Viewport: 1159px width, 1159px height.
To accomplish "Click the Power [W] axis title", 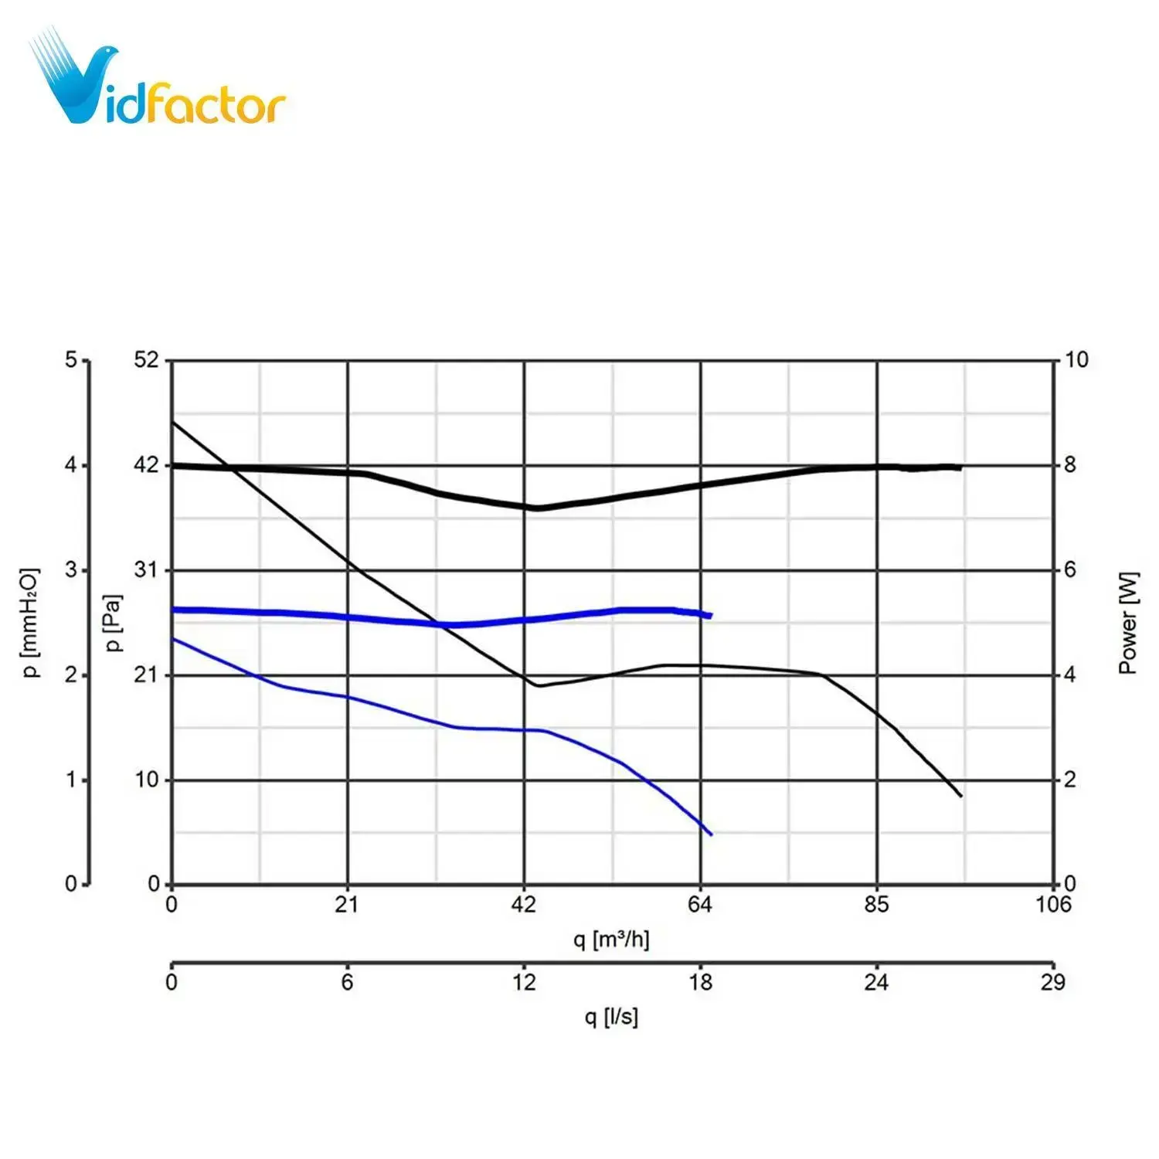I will (1128, 623).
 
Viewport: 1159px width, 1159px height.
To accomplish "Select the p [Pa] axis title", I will (114, 623).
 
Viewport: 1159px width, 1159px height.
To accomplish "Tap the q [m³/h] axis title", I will (611, 940).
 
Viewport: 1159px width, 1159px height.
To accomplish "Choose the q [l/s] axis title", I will (611, 1016).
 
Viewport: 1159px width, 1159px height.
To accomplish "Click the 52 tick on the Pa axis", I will (145, 359).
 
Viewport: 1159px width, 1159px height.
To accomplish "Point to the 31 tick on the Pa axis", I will (145, 570).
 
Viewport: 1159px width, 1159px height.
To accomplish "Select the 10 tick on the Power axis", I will (1076, 359).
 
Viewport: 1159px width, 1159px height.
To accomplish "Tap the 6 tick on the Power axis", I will (1070, 570).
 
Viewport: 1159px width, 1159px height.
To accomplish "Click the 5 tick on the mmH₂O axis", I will (71, 359).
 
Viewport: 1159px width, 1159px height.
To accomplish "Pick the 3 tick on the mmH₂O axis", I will (71, 570).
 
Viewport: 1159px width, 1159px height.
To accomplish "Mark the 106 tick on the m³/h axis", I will (1053, 905).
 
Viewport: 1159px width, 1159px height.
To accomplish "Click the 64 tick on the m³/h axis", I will (700, 905).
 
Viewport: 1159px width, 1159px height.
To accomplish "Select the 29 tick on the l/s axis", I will (1053, 982).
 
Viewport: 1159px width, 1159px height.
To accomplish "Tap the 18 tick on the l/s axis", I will (700, 982).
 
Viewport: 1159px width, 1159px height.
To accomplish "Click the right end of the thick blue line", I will (709, 615).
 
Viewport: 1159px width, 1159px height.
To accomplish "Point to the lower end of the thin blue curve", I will (710, 834).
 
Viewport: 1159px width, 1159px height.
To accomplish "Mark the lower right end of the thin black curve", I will (960, 796).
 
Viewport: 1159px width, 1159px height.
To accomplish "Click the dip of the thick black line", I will (536, 508).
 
